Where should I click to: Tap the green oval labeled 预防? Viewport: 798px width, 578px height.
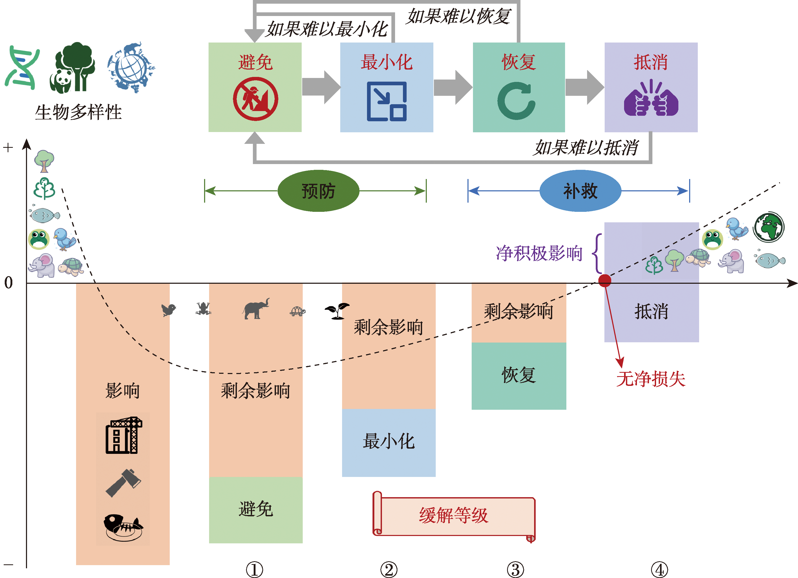pos(318,191)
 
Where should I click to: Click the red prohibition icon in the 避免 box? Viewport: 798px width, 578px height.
pos(256,99)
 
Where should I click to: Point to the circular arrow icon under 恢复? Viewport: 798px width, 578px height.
pos(517,101)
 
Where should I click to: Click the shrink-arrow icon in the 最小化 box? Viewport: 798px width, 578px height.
pos(387,101)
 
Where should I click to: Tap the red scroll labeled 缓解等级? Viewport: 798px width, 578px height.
pos(454,516)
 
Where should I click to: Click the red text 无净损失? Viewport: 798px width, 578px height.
pos(651,379)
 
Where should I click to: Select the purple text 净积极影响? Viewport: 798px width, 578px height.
pos(539,253)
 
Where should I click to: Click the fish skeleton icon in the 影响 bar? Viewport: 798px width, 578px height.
pos(123,527)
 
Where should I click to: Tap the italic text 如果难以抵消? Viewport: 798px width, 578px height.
pos(586,148)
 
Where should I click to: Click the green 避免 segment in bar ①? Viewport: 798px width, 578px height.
pos(256,509)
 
